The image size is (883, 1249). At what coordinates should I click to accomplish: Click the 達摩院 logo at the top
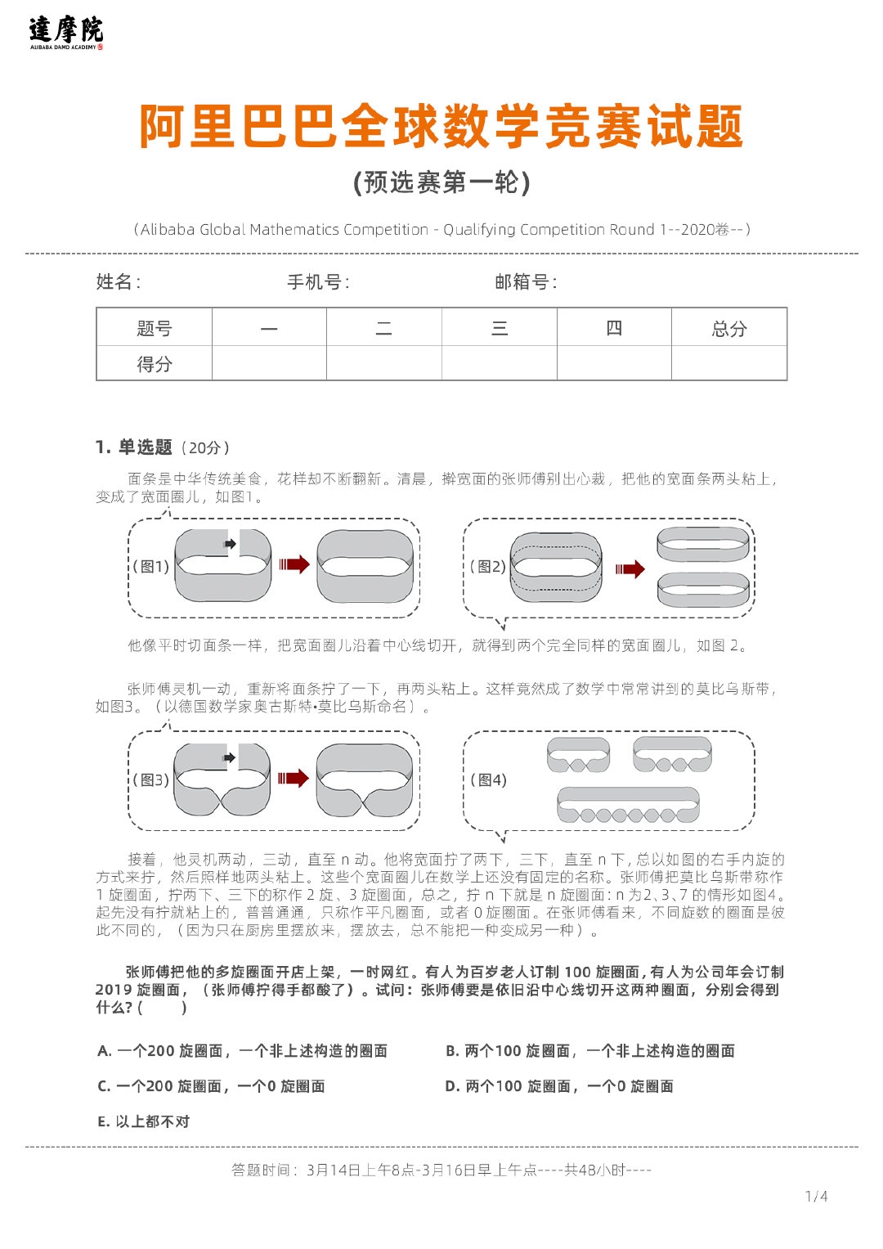click(66, 33)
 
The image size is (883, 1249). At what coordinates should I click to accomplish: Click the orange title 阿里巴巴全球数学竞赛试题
click(441, 128)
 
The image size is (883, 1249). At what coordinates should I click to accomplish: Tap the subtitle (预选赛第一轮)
click(441, 182)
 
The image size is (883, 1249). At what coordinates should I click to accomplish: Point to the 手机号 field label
click(318, 282)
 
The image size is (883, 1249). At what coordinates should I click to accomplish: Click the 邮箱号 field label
click(526, 282)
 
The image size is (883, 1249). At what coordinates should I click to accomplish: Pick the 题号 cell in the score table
click(155, 329)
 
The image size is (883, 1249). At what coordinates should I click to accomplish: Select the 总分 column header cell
click(728, 329)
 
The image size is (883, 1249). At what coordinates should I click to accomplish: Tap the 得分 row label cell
click(155, 364)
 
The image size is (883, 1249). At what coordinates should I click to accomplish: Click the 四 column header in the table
click(614, 329)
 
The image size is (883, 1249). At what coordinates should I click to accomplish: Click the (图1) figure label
click(151, 566)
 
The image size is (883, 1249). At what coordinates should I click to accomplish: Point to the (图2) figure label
click(487, 566)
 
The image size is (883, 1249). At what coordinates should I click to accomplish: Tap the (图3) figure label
click(151, 780)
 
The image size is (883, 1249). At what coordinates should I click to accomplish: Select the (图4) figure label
click(488, 780)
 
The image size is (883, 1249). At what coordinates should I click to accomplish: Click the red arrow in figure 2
click(630, 569)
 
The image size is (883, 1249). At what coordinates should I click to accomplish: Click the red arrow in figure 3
click(293, 778)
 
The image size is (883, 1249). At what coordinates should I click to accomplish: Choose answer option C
click(211, 1086)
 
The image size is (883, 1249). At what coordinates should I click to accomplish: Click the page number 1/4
click(816, 1197)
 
